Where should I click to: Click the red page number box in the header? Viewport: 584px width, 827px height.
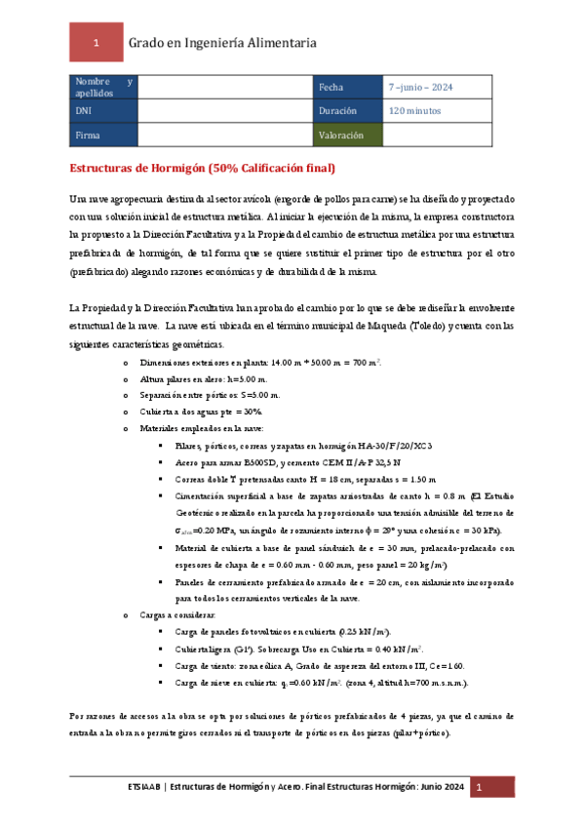pyautogui.click(x=95, y=43)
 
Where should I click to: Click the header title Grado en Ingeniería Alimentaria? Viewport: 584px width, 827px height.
pyautogui.click(x=222, y=43)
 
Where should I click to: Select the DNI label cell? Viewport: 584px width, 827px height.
pyautogui.click(x=103, y=111)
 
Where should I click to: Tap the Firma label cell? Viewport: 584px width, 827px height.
pyautogui.click(x=103, y=136)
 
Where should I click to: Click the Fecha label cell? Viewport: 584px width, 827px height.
pyautogui.click(x=347, y=87)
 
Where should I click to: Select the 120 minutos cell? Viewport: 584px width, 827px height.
pyautogui.click(x=415, y=111)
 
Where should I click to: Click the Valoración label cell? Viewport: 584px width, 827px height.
pyautogui.click(x=347, y=136)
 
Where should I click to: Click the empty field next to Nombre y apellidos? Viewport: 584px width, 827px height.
pyautogui.click(x=223, y=87)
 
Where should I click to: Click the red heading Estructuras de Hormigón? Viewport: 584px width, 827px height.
pyautogui.click(x=205, y=168)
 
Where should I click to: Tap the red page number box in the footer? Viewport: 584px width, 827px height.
pyautogui.click(x=479, y=787)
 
